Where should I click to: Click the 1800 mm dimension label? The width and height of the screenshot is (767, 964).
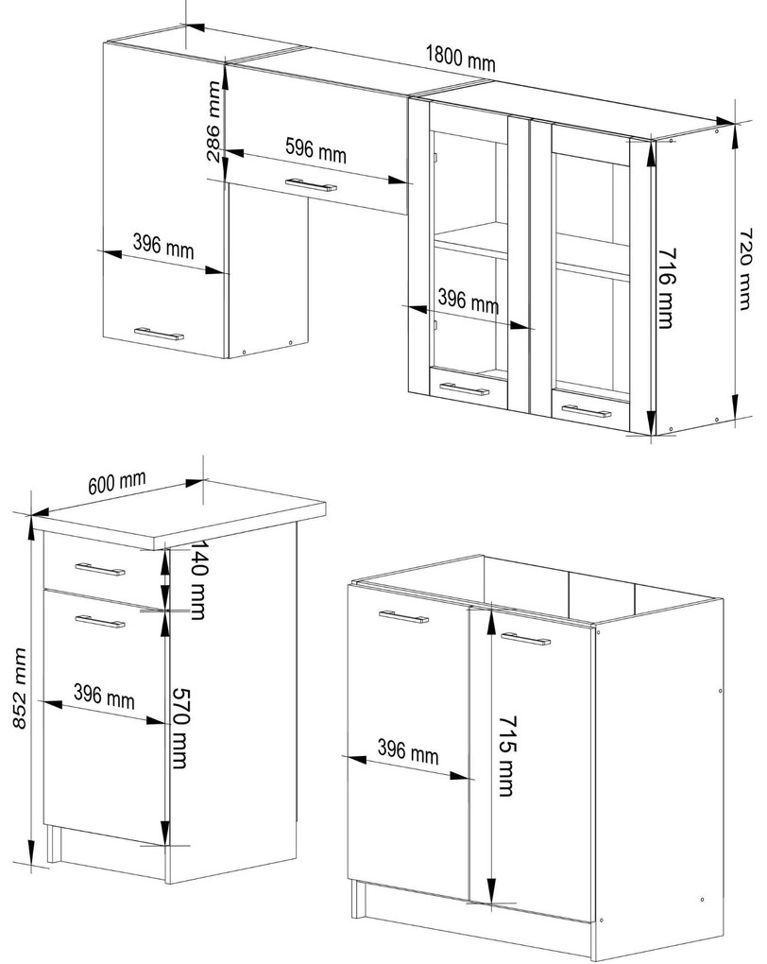(460, 58)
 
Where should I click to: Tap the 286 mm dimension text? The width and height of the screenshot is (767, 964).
(213, 121)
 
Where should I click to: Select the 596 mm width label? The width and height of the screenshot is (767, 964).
(315, 149)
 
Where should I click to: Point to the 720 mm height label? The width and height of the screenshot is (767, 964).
(744, 269)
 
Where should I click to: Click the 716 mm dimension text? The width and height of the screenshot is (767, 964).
(667, 288)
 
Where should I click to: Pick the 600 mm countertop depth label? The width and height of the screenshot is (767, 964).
(117, 482)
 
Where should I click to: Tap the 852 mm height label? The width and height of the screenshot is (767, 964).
(20, 688)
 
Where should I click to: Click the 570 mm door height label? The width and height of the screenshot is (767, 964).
(179, 728)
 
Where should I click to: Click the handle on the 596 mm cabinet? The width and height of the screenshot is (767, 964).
(311, 184)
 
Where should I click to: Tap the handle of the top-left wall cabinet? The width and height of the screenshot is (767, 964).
(160, 334)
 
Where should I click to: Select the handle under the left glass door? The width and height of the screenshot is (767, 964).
(465, 388)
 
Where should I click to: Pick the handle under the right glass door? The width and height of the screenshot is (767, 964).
(587, 411)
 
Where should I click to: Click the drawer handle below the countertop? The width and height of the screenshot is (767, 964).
(99, 569)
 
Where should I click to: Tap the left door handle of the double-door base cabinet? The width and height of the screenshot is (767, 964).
(403, 616)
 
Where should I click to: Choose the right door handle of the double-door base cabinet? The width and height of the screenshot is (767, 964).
(525, 639)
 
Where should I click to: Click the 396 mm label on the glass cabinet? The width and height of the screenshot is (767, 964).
(469, 301)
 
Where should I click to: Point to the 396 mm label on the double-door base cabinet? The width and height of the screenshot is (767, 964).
(408, 752)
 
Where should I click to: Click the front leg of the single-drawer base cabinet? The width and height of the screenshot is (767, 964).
(54, 843)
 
